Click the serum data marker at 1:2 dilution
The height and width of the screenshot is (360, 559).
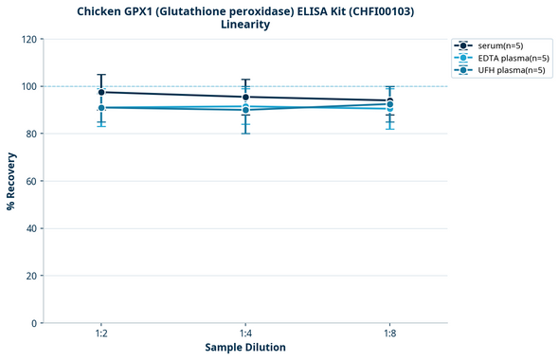click(x=101, y=92)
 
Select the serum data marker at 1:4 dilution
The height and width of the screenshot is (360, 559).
click(x=245, y=97)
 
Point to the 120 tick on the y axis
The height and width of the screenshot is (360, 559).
click(x=29, y=39)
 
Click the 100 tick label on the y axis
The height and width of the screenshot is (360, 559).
click(x=29, y=86)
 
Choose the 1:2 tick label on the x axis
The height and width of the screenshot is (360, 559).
click(x=101, y=334)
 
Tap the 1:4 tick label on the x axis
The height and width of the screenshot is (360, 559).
click(x=245, y=334)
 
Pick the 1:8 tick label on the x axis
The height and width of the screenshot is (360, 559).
click(x=389, y=334)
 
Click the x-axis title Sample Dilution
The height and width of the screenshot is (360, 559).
click(x=245, y=348)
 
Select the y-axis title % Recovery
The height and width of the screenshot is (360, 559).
click(x=11, y=181)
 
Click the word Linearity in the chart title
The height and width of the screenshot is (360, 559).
click(x=244, y=25)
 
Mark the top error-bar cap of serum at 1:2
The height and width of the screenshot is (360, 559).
click(x=101, y=74)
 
